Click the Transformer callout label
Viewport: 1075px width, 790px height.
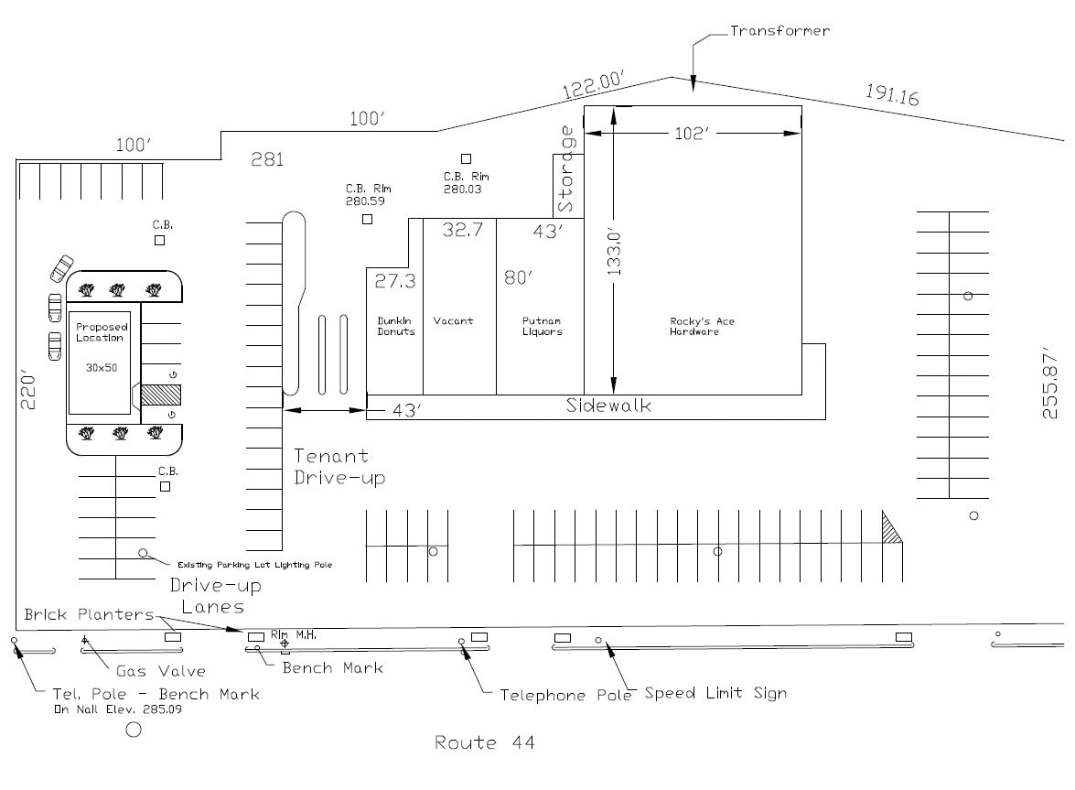779,31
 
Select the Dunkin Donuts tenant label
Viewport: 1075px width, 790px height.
396,326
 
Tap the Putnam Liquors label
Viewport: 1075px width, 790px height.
542,326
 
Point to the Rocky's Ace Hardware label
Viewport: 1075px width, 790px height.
702,326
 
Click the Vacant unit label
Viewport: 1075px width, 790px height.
453,321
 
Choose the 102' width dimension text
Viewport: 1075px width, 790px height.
693,134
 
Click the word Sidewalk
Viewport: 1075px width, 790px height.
608,406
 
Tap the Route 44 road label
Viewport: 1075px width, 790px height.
484,742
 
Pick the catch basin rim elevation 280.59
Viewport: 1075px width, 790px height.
365,200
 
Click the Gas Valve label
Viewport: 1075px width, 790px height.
160,671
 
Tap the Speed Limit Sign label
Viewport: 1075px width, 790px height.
715,693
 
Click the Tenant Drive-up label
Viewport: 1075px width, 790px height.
339,466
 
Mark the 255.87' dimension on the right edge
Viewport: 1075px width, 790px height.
1051,383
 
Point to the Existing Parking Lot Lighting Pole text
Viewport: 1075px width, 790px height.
254,565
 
